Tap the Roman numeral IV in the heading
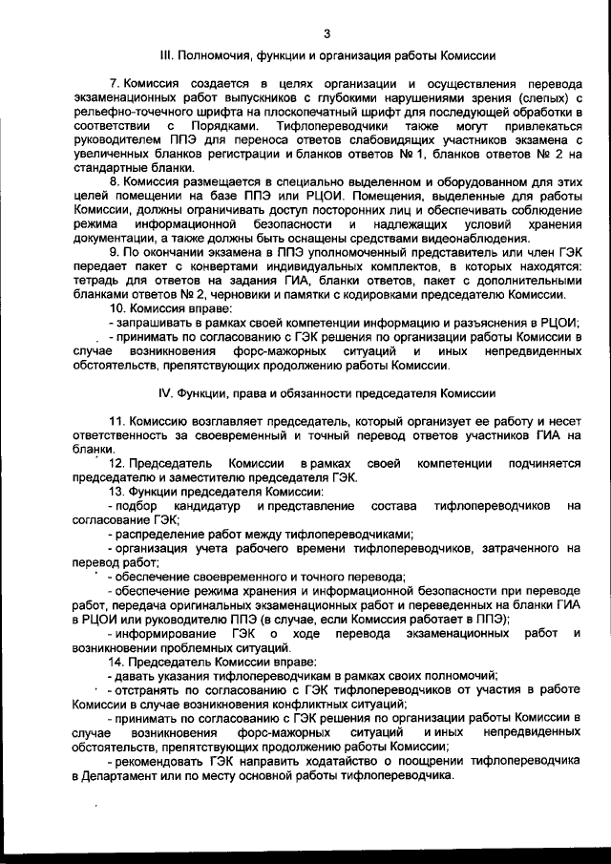[x=163, y=394]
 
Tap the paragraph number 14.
[x=116, y=661]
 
